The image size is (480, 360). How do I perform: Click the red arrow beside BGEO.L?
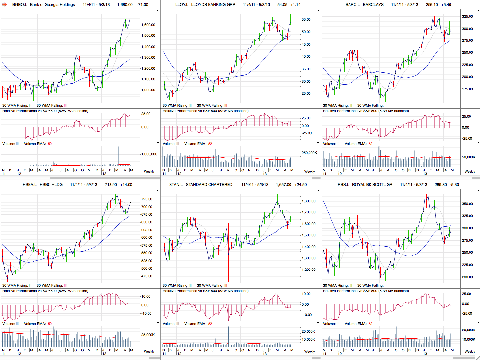[x=4, y=5]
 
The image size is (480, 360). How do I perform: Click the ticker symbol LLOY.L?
[x=182, y=5]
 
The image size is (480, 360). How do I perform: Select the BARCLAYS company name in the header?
[x=373, y=5]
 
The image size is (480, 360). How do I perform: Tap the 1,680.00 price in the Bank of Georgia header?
[x=125, y=5]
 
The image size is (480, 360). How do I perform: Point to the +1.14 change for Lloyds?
[x=295, y=5]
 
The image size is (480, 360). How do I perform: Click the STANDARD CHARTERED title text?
[x=209, y=185]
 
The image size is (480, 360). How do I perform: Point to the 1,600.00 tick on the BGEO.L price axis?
[x=148, y=25]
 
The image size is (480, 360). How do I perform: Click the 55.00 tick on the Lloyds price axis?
[x=306, y=20]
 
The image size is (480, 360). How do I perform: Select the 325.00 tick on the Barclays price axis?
[x=467, y=16]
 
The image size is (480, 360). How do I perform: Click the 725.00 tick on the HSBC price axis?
[x=147, y=199]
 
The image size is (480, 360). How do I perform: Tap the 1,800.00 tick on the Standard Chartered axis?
[x=309, y=201]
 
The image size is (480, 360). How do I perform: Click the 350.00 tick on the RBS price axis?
[x=467, y=204]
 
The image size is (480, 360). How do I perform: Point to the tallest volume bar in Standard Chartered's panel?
[x=228, y=336]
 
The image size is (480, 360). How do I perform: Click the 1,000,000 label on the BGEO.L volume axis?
[x=149, y=154]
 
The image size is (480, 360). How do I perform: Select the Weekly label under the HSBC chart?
[x=149, y=351]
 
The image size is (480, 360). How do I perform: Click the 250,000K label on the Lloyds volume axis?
[x=309, y=153]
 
